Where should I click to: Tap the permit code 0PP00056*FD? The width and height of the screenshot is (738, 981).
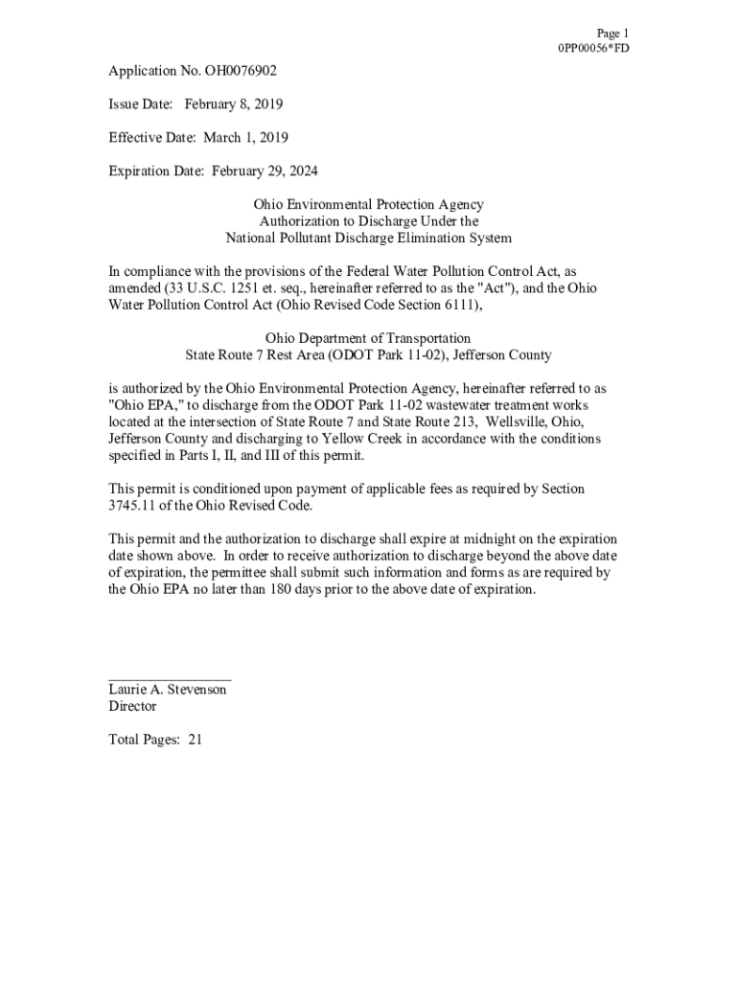point(592,48)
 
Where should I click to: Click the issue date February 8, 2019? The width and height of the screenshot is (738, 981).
point(234,104)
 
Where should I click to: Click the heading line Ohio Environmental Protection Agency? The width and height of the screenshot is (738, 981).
point(368,205)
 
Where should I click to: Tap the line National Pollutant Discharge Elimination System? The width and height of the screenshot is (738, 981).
point(368,238)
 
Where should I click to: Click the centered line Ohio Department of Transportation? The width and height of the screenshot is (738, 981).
point(368,338)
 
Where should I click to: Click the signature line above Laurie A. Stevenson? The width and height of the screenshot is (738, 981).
point(169,679)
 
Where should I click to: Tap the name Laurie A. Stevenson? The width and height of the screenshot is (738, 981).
point(168,690)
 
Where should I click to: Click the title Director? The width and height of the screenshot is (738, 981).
point(132,706)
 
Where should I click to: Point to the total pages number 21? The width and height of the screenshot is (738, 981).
point(195,740)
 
